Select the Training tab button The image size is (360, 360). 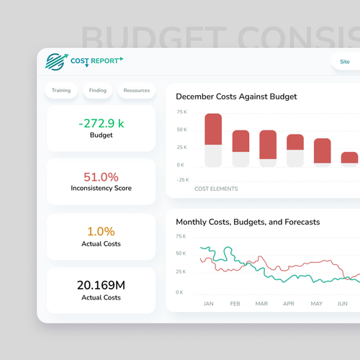click(61, 91)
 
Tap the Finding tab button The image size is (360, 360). click(98, 91)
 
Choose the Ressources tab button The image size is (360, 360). click(137, 91)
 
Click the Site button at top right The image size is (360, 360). click(345, 62)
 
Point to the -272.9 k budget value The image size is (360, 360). click(101, 123)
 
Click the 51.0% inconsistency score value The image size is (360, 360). click(101, 177)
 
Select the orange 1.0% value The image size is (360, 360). click(101, 231)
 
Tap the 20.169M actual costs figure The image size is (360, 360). click(101, 285)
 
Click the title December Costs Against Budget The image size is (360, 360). click(236, 96)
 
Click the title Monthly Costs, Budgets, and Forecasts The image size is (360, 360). click(248, 222)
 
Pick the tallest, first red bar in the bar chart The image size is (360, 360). click(213, 130)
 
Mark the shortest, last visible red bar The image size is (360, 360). click(349, 158)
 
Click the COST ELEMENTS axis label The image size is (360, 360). click(216, 189)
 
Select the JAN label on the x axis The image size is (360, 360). click(209, 304)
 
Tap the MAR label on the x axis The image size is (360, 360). click(262, 304)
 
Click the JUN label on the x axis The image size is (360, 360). click(343, 304)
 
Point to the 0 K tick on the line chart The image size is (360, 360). click(179, 292)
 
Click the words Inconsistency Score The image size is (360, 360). click(101, 189)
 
